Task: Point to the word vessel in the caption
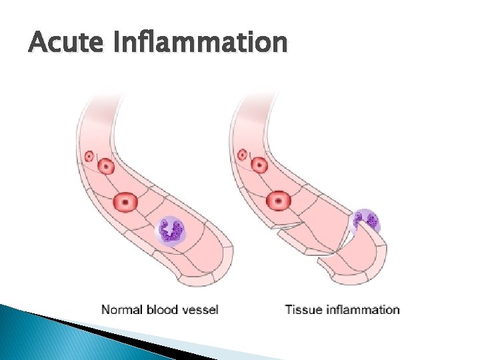pyautogui.click(x=201, y=309)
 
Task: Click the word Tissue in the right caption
pyautogui.click(x=302, y=309)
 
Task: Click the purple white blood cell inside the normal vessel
pyautogui.click(x=173, y=231)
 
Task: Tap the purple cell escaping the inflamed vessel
pyautogui.click(x=365, y=221)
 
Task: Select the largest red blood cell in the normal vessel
pyautogui.click(x=125, y=201)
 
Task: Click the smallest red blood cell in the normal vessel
pyautogui.click(x=89, y=157)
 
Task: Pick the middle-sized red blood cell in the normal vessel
pyautogui.click(x=106, y=166)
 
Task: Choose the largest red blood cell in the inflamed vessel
pyautogui.click(x=278, y=199)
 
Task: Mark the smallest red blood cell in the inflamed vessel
pyautogui.click(x=243, y=155)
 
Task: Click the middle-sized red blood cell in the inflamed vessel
pyautogui.click(x=259, y=165)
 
